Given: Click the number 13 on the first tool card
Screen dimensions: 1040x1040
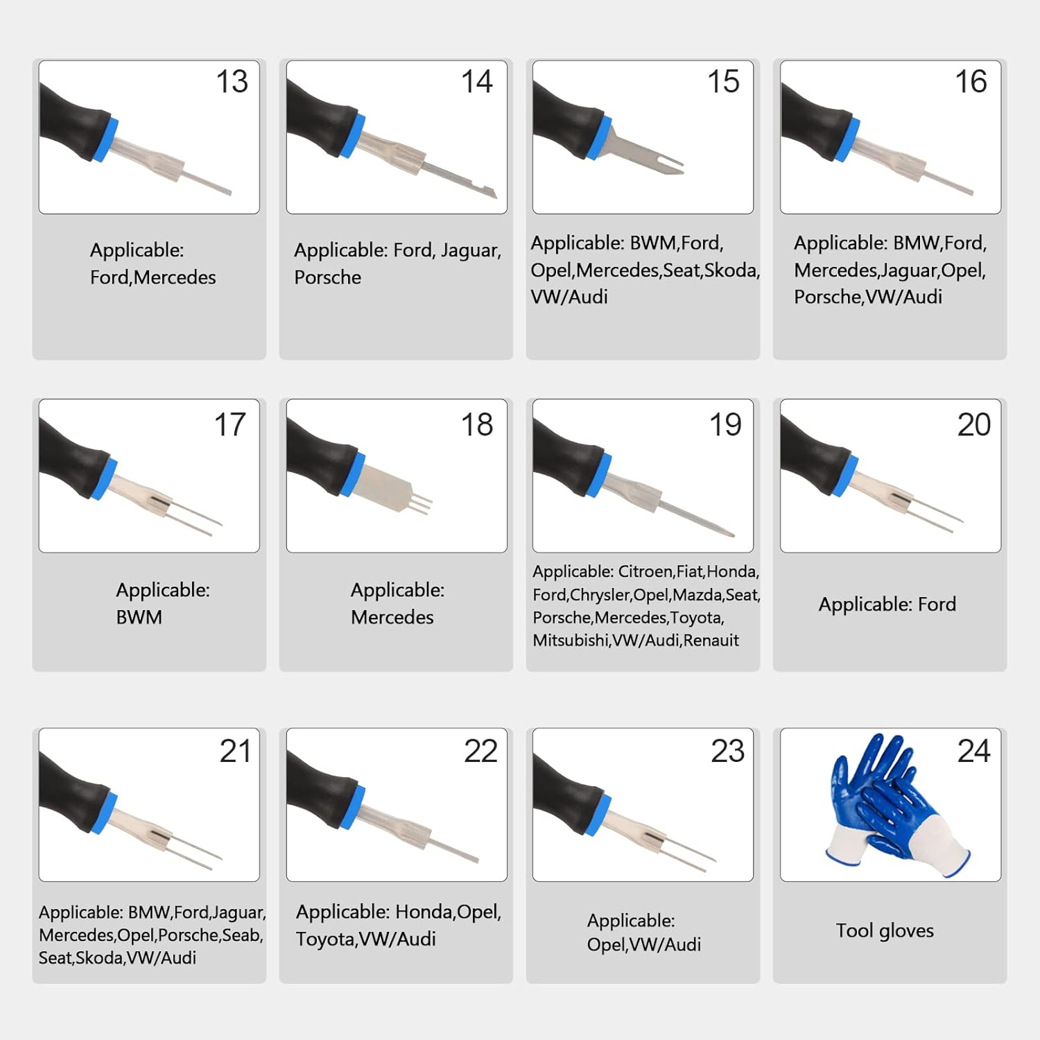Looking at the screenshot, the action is coord(232,82).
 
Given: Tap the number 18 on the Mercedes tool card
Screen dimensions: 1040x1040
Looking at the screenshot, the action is coord(477,424).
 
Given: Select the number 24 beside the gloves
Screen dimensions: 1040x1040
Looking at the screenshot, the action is coord(973,751).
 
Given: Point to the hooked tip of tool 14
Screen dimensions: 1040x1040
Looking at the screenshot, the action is coord(491,193).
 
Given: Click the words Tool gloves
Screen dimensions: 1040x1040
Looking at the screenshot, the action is coord(885,930).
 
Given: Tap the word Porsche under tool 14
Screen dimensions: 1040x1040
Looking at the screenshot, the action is coord(327,277).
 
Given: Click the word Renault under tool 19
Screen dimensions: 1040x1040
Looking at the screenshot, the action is coord(711,640).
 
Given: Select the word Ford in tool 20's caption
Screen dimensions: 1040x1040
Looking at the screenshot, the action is coord(937,605).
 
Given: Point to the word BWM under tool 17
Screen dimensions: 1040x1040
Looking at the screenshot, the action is coord(139,617).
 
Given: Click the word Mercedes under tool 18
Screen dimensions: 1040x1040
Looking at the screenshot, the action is coord(392,617).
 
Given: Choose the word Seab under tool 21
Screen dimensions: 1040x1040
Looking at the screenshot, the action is coord(242,935).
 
